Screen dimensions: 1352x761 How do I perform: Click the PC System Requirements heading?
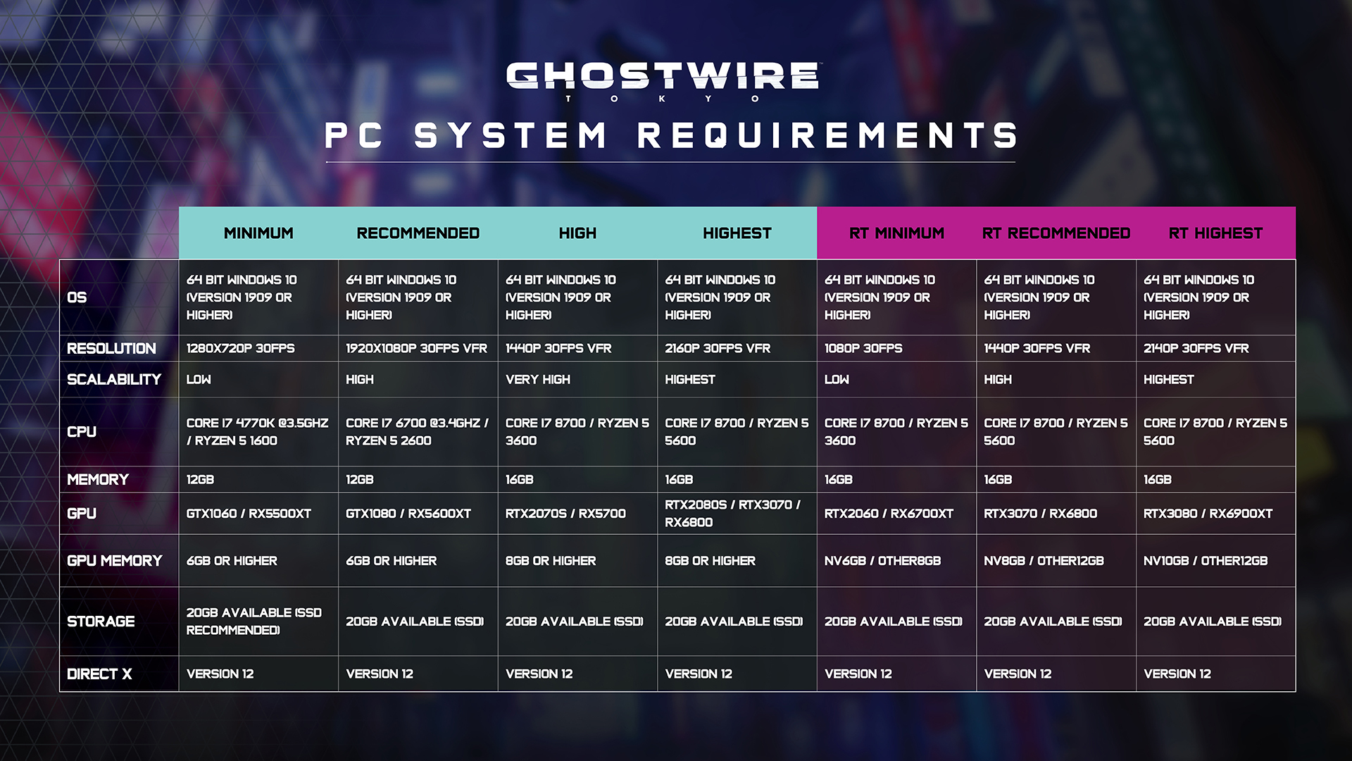tap(671, 135)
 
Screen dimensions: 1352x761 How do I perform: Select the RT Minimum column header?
tap(896, 233)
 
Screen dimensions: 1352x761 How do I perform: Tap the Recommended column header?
tap(418, 233)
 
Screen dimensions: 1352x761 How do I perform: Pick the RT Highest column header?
tap(1215, 233)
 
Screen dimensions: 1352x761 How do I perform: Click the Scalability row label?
tap(114, 379)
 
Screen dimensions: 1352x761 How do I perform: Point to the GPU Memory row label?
tap(115, 561)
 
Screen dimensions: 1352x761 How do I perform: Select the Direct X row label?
tap(99, 674)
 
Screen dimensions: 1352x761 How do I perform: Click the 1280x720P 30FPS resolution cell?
tap(241, 348)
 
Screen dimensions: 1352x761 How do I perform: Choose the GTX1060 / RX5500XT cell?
tap(249, 514)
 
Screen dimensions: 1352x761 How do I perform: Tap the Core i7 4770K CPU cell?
tap(257, 432)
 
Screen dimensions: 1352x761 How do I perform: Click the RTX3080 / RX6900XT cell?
tap(1208, 514)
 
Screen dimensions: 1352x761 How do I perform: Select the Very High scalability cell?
tap(538, 379)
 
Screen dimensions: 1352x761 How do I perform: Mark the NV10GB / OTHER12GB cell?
tap(1206, 561)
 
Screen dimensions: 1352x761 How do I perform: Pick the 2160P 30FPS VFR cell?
tap(718, 348)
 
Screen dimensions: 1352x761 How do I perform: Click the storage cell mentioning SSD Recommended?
tap(254, 621)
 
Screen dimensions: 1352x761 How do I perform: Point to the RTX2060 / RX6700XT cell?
tap(889, 514)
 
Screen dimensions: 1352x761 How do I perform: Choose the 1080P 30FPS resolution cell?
tap(863, 348)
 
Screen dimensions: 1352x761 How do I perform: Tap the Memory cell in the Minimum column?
tap(200, 480)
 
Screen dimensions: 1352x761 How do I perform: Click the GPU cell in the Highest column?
tap(733, 514)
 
